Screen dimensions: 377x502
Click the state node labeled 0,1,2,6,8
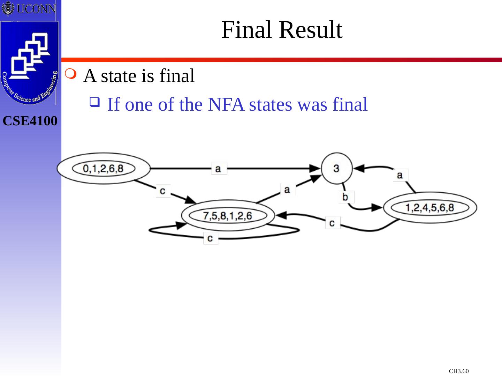click(x=104, y=169)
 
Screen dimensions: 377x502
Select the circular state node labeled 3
click(x=336, y=168)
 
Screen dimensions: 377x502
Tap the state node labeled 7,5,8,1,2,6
click(x=228, y=215)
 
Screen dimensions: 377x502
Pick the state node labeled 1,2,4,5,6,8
click(x=430, y=208)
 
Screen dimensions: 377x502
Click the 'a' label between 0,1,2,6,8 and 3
click(x=219, y=168)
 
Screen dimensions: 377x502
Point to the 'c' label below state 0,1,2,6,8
click(x=163, y=191)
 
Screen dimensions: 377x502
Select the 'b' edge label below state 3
click(x=345, y=197)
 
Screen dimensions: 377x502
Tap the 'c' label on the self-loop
click(x=210, y=238)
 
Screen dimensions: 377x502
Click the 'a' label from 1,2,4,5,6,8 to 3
click(x=400, y=175)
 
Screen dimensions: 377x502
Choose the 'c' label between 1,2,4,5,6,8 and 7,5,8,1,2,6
click(x=332, y=222)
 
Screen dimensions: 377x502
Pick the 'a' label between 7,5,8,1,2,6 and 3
click(x=287, y=189)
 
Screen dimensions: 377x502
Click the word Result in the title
click(x=311, y=30)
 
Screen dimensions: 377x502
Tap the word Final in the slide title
click(x=246, y=30)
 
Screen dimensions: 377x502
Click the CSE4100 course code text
click(x=30, y=121)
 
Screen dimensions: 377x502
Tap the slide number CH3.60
click(x=458, y=371)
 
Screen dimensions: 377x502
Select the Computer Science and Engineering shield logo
click(x=30, y=63)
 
